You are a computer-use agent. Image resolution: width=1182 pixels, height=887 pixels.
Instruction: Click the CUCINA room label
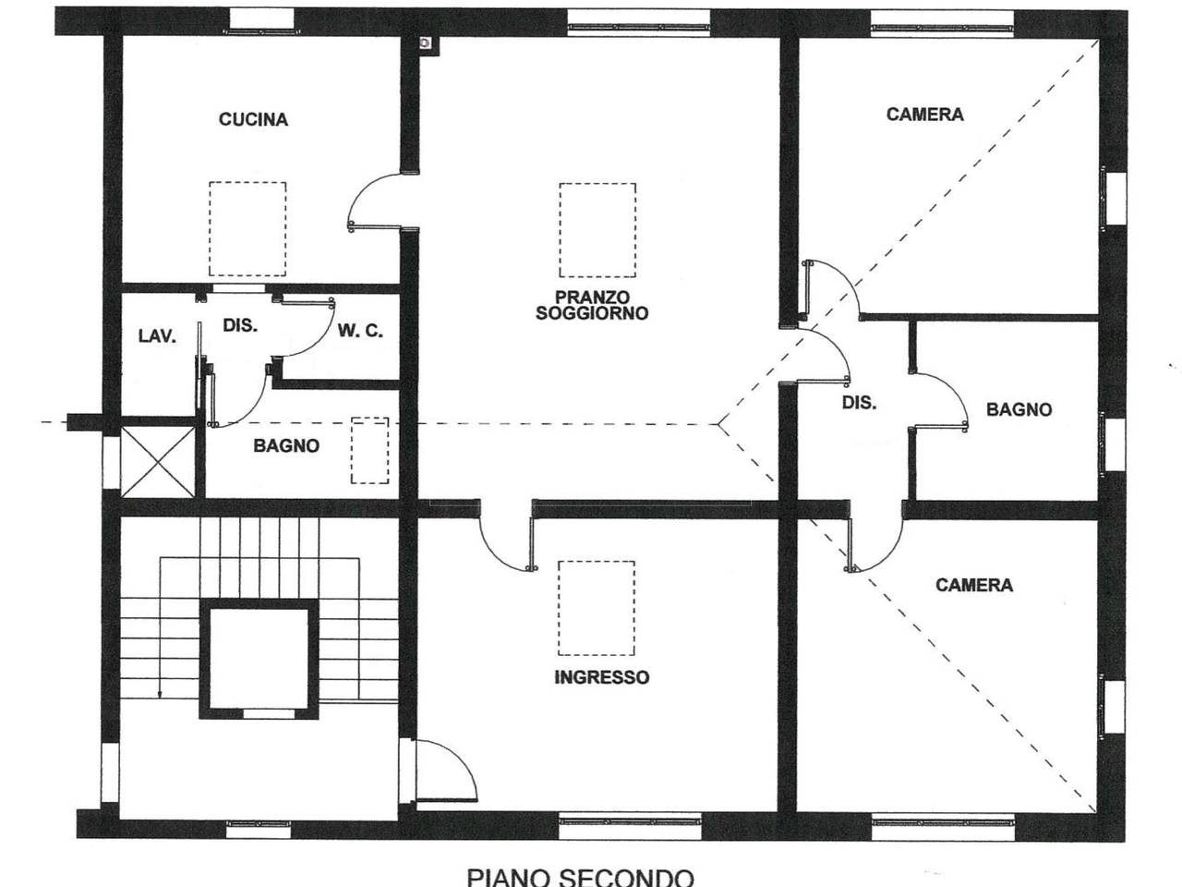pyautogui.click(x=253, y=119)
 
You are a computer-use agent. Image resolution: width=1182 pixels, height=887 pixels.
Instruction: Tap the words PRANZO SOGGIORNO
pyautogui.click(x=592, y=305)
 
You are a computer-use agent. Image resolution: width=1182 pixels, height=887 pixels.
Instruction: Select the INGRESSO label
pyautogui.click(x=601, y=677)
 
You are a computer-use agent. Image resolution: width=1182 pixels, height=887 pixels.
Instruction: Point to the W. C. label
pyautogui.click(x=360, y=331)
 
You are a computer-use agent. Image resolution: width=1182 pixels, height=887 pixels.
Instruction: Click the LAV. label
pyautogui.click(x=157, y=336)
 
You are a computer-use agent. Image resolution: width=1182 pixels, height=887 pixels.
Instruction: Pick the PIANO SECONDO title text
pyautogui.click(x=580, y=877)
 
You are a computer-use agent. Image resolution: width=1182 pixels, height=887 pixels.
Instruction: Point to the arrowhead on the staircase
pyautogui.click(x=160, y=695)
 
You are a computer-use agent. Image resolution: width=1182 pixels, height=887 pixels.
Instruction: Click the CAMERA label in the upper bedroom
pyautogui.click(x=925, y=115)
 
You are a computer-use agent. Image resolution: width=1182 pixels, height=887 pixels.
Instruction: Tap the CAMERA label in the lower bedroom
pyautogui.click(x=974, y=585)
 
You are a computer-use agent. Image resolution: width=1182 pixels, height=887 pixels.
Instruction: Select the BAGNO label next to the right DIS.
pyautogui.click(x=1019, y=410)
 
